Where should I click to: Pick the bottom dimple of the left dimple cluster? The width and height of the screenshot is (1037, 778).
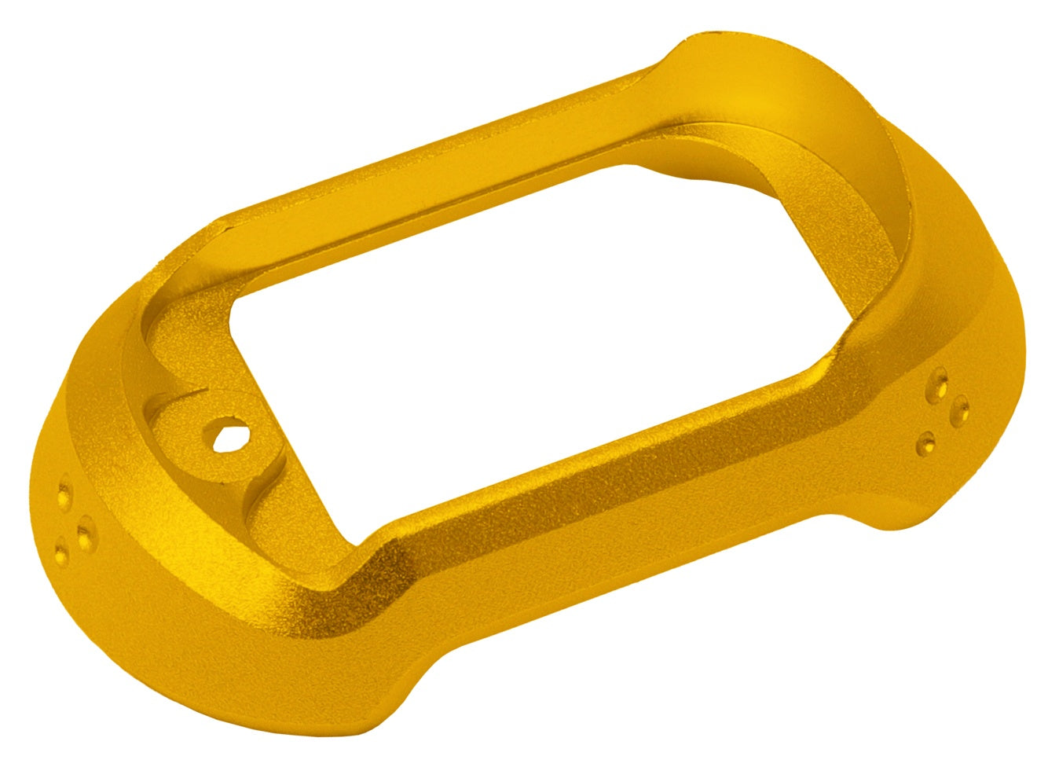pyautogui.click(x=61, y=555)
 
